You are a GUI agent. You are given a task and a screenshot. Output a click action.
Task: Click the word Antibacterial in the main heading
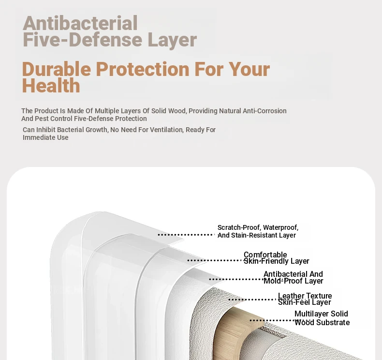click(x=80, y=23)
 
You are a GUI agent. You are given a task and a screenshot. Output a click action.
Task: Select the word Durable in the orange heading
click(x=56, y=69)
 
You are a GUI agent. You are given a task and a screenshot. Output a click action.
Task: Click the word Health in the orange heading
click(x=51, y=86)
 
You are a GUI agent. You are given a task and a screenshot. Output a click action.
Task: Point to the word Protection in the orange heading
click(x=143, y=69)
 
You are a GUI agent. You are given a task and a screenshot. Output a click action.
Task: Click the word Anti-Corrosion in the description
click(x=264, y=111)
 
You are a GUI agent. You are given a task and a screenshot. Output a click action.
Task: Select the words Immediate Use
click(x=45, y=137)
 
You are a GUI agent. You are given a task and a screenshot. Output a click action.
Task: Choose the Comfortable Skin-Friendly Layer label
click(x=276, y=258)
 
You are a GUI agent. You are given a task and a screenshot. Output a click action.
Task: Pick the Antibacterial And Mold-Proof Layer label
click(x=294, y=277)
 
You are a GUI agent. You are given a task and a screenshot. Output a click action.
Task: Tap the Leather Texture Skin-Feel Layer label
click(x=305, y=299)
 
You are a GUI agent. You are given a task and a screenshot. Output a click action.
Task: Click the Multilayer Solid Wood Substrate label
click(x=322, y=318)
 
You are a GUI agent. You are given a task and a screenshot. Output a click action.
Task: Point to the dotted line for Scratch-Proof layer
click(x=186, y=235)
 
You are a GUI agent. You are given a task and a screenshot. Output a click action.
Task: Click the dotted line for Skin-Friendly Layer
click(x=215, y=260)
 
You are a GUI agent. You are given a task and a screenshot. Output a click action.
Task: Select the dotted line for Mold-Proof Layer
click(x=236, y=279)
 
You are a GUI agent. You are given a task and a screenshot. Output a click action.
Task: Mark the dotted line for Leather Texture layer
click(x=253, y=300)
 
